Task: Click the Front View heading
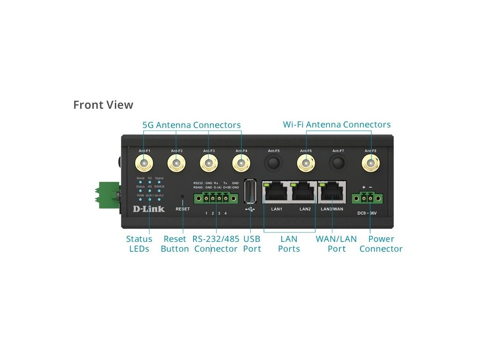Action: pos(103,105)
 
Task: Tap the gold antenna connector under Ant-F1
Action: pos(144,164)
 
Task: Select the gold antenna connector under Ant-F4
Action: pos(241,164)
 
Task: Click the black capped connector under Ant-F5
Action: pos(273,163)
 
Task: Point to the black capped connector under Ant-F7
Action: pos(338,163)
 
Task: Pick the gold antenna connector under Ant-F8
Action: pos(370,164)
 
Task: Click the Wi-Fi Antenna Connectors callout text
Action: pos(337,125)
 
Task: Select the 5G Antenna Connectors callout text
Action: pos(191,125)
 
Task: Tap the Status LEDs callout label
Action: pos(139,244)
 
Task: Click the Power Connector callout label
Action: pos(381,244)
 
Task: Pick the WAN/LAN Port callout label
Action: pos(336,244)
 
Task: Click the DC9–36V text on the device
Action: pos(367,213)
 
